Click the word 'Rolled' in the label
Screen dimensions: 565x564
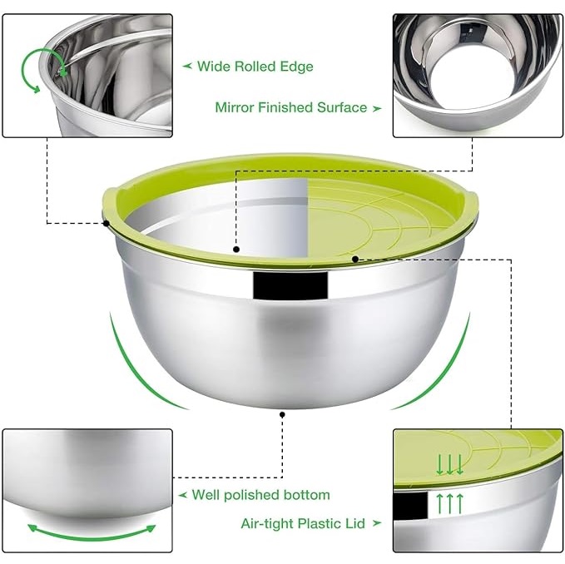pyautogui.click(x=255, y=67)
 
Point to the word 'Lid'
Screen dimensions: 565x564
pyautogui.click(x=355, y=523)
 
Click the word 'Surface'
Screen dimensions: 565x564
pyautogui.click(x=342, y=107)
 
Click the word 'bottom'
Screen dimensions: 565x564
pyautogui.click(x=307, y=494)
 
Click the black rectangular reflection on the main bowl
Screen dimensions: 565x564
pyautogui.click(x=290, y=285)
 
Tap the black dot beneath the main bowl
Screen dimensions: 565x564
pyautogui.click(x=282, y=415)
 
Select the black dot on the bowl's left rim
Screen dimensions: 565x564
pyautogui.click(x=106, y=224)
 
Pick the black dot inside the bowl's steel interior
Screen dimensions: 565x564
pyautogui.click(x=236, y=250)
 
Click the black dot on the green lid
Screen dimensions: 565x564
pyautogui.click(x=355, y=259)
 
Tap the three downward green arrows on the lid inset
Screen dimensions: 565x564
pyautogui.click(x=449, y=465)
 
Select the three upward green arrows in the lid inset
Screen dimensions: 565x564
pyautogui.click(x=449, y=503)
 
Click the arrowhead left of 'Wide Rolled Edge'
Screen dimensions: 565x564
pyautogui.click(x=187, y=66)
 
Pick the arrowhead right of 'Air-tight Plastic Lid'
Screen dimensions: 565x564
pyautogui.click(x=376, y=523)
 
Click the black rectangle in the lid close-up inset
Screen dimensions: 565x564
pyautogui.click(x=409, y=506)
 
